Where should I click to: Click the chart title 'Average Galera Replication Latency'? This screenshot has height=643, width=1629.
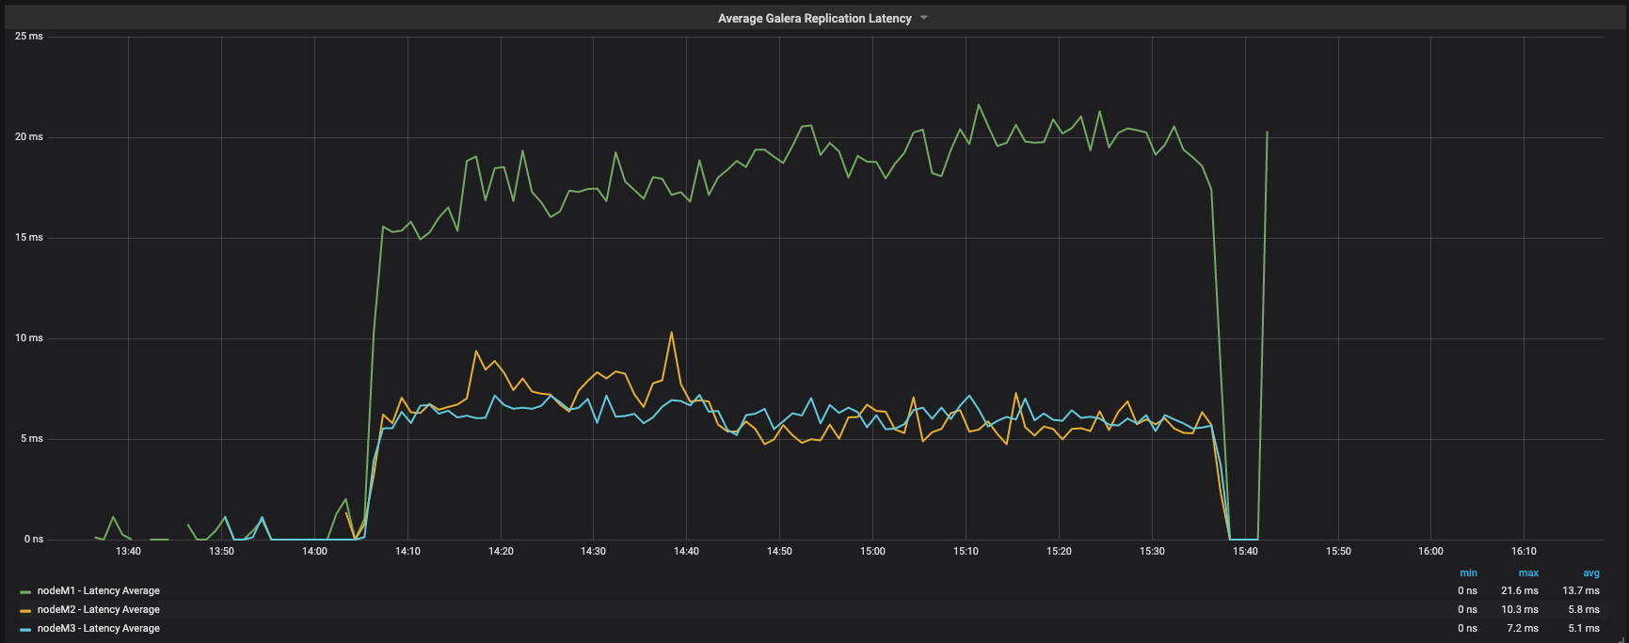pyautogui.click(x=814, y=19)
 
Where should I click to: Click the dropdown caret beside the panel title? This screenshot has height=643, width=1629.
pyautogui.click(x=924, y=18)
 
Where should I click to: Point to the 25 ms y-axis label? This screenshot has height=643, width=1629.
pyautogui.click(x=29, y=37)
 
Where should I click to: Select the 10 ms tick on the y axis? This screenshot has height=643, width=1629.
pyautogui.click(x=29, y=338)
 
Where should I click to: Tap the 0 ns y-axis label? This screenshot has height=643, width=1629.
pyautogui.click(x=34, y=540)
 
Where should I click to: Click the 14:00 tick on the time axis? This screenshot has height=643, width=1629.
pyautogui.click(x=314, y=552)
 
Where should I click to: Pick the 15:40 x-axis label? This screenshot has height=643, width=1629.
pyautogui.click(x=1245, y=552)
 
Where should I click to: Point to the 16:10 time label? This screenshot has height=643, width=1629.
pyautogui.click(x=1524, y=552)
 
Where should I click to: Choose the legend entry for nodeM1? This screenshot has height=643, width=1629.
pyautogui.click(x=98, y=591)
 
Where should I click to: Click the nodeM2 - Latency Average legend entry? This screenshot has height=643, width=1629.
pyautogui.click(x=98, y=610)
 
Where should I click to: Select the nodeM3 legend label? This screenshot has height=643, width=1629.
pyautogui.click(x=98, y=629)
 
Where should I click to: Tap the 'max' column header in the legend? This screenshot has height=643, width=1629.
pyautogui.click(x=1528, y=573)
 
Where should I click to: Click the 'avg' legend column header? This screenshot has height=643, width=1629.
pyautogui.click(x=1590, y=573)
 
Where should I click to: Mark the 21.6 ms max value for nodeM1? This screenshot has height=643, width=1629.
pyautogui.click(x=1519, y=591)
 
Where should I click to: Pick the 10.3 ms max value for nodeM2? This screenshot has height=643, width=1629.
pyautogui.click(x=1519, y=610)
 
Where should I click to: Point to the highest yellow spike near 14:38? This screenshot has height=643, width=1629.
pyautogui.click(x=671, y=332)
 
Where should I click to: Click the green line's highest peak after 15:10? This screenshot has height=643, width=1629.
pyautogui.click(x=979, y=104)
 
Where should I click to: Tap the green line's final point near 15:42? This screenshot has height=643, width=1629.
pyautogui.click(x=1267, y=133)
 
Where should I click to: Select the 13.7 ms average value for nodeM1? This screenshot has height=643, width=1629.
pyautogui.click(x=1580, y=591)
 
